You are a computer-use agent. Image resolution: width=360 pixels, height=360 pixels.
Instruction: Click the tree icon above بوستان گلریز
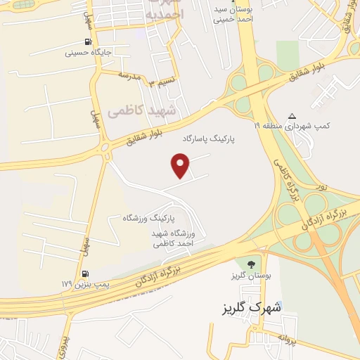coord(247,265)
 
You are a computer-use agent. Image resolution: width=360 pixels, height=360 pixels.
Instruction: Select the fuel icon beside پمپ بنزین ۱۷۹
coord(86,274)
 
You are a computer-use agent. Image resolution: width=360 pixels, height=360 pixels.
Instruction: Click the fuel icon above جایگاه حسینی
coord(88,41)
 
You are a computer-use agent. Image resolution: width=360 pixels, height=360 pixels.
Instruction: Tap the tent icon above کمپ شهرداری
coord(292,116)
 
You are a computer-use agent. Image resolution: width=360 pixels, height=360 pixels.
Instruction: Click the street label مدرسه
coord(131,75)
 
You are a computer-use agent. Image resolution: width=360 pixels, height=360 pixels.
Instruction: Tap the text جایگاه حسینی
coord(89,52)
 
